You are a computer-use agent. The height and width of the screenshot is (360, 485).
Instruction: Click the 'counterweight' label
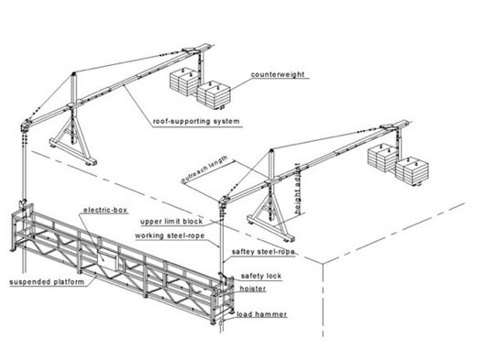pos(278,74)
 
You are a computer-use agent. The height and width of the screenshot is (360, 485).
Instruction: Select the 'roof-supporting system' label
pos(196,121)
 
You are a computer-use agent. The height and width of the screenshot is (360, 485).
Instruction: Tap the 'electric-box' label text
pos(105,210)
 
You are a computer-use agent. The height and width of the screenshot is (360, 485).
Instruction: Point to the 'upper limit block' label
pos(171,222)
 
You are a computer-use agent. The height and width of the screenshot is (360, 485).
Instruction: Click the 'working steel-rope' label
pos(170,235)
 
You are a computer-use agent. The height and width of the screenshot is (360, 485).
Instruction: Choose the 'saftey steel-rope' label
pos(263,252)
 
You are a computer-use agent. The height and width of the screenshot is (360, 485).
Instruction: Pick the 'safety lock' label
pos(261,276)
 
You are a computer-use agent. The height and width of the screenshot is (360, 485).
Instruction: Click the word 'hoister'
pos(253,289)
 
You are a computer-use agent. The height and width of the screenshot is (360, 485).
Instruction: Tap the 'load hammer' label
pos(262,314)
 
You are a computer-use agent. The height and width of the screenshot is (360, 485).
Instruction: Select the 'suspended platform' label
pos(47,282)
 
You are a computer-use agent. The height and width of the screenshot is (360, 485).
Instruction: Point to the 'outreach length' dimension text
pos(204,169)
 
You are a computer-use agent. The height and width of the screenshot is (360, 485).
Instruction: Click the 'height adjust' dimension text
pos(298,189)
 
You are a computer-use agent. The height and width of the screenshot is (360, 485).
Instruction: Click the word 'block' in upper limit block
pos(193,222)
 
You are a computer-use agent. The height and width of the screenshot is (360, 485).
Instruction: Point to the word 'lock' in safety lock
pos(273,276)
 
